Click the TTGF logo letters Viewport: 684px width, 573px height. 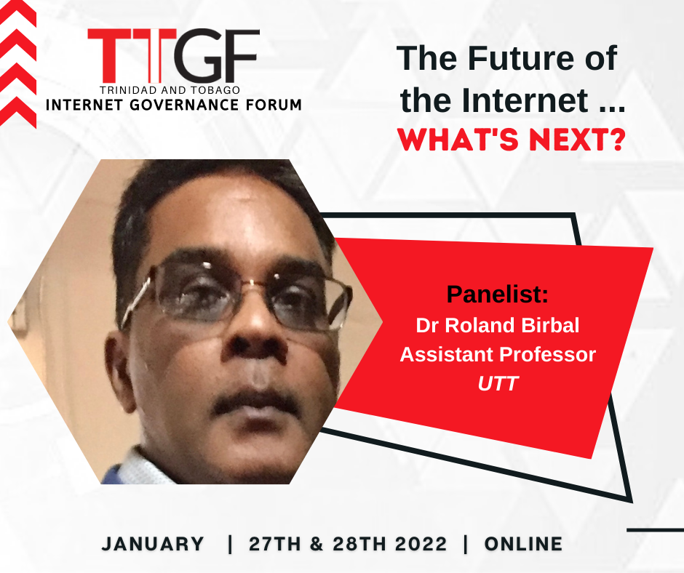click(174, 56)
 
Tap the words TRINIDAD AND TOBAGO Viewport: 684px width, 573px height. click(170, 90)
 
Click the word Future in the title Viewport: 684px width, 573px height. click(521, 58)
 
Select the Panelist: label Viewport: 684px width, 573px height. click(497, 294)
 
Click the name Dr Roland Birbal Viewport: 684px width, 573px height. click(497, 325)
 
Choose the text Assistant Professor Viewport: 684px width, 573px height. click(498, 354)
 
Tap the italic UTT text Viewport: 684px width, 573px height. click(497, 383)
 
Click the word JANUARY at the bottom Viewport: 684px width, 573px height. click(153, 544)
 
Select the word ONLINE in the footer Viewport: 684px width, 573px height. click(523, 544)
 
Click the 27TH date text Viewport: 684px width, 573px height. click(275, 544)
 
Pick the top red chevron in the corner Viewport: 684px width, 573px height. click(18, 12)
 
